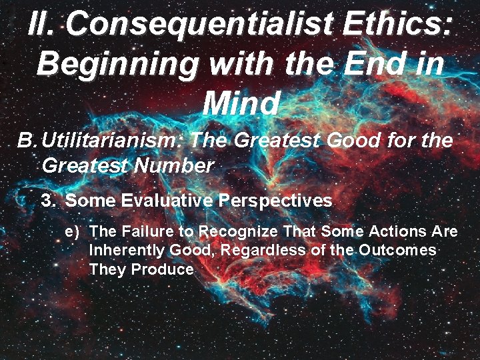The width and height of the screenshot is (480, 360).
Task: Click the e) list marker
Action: coord(72,232)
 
